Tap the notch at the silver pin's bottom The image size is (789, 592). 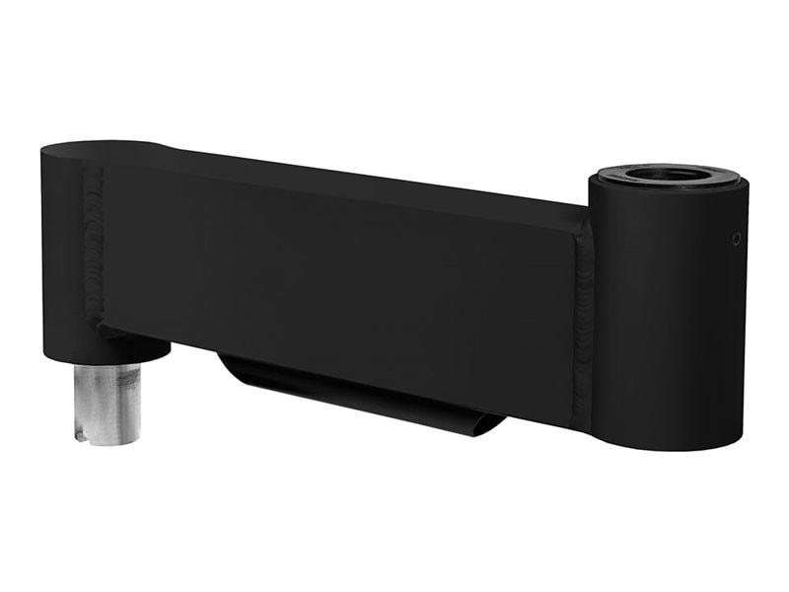(x=87, y=432)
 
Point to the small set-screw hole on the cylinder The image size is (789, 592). (x=736, y=237)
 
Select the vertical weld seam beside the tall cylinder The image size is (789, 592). (x=584, y=316)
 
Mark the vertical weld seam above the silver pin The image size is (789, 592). (x=94, y=247)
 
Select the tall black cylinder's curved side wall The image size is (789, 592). (x=671, y=316)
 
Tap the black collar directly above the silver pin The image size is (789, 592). (x=128, y=347)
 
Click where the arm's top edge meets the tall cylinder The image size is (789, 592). (x=589, y=204)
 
